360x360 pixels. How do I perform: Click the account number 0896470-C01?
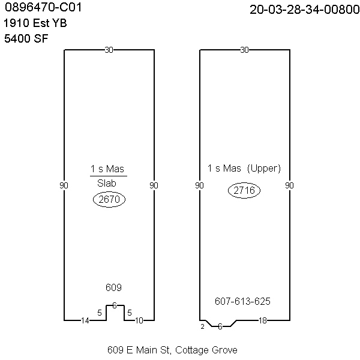tap(43, 7)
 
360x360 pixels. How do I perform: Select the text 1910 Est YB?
tap(35, 23)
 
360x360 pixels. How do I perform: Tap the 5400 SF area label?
tap(26, 38)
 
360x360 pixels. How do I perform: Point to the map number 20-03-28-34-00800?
tap(304, 10)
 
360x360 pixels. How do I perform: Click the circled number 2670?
tap(109, 199)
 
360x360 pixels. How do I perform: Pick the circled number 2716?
tap(244, 190)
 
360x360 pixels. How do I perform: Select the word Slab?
tap(107, 183)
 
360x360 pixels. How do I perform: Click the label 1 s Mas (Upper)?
tap(244, 169)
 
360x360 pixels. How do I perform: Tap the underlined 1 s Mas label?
tap(107, 169)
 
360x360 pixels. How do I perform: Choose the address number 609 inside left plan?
tap(113, 287)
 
